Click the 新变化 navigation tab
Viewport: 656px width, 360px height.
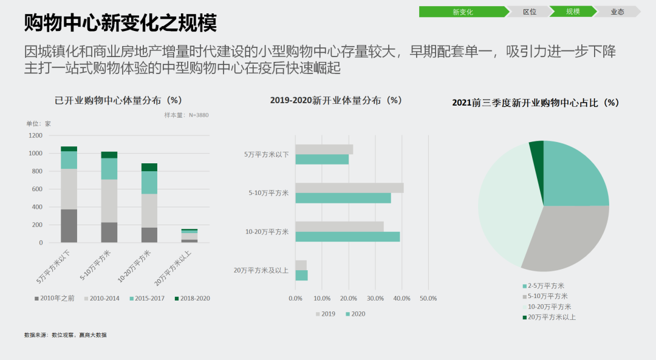[x=462, y=12]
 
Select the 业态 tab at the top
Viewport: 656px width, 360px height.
[x=617, y=12]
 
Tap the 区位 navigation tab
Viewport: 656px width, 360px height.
[x=530, y=12]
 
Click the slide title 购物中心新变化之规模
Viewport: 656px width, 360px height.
[x=120, y=23]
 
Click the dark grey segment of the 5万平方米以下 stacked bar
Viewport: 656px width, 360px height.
[x=69, y=226]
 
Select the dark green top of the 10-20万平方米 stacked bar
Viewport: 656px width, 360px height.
[x=149, y=167]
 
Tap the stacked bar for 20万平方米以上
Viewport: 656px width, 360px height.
[x=189, y=236]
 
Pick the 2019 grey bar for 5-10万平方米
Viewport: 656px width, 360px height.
[x=349, y=188]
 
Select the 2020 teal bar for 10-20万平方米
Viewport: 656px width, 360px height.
[x=347, y=237]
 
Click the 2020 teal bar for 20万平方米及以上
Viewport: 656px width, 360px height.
[x=301, y=276]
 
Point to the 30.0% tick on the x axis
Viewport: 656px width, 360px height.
[x=375, y=298]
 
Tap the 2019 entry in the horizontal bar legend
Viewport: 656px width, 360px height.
[x=325, y=314]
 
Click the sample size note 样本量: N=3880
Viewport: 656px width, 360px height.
[x=186, y=115]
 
